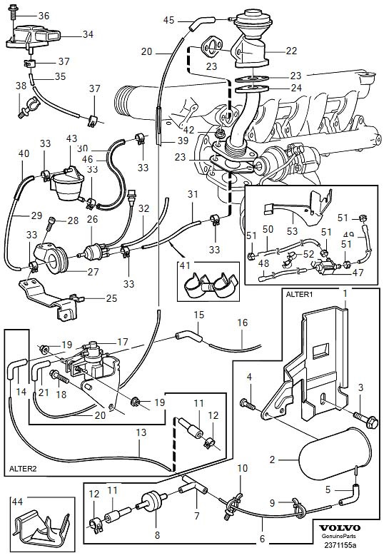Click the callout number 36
(x=44, y=16)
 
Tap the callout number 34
(x=88, y=34)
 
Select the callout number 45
(x=168, y=20)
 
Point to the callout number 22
(x=291, y=51)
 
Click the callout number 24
(x=295, y=88)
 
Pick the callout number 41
(x=185, y=265)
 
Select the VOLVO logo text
(x=339, y=528)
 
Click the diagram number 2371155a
(x=340, y=545)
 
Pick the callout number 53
(x=292, y=231)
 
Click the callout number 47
(x=358, y=273)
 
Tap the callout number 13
(x=141, y=432)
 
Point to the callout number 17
(x=122, y=343)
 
